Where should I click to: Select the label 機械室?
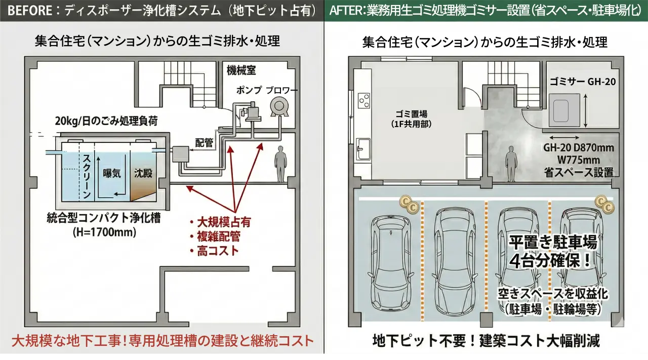[241, 71]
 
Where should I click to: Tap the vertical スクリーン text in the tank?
[87, 175]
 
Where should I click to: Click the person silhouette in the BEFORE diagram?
[279, 163]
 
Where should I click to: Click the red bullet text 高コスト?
[218, 251]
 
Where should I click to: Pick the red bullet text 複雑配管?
[218, 236]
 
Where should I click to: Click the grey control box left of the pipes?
[180, 153]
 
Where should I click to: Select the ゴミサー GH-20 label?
[583, 82]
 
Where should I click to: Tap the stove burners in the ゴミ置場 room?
[364, 101]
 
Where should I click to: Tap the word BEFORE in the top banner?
[31, 11]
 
